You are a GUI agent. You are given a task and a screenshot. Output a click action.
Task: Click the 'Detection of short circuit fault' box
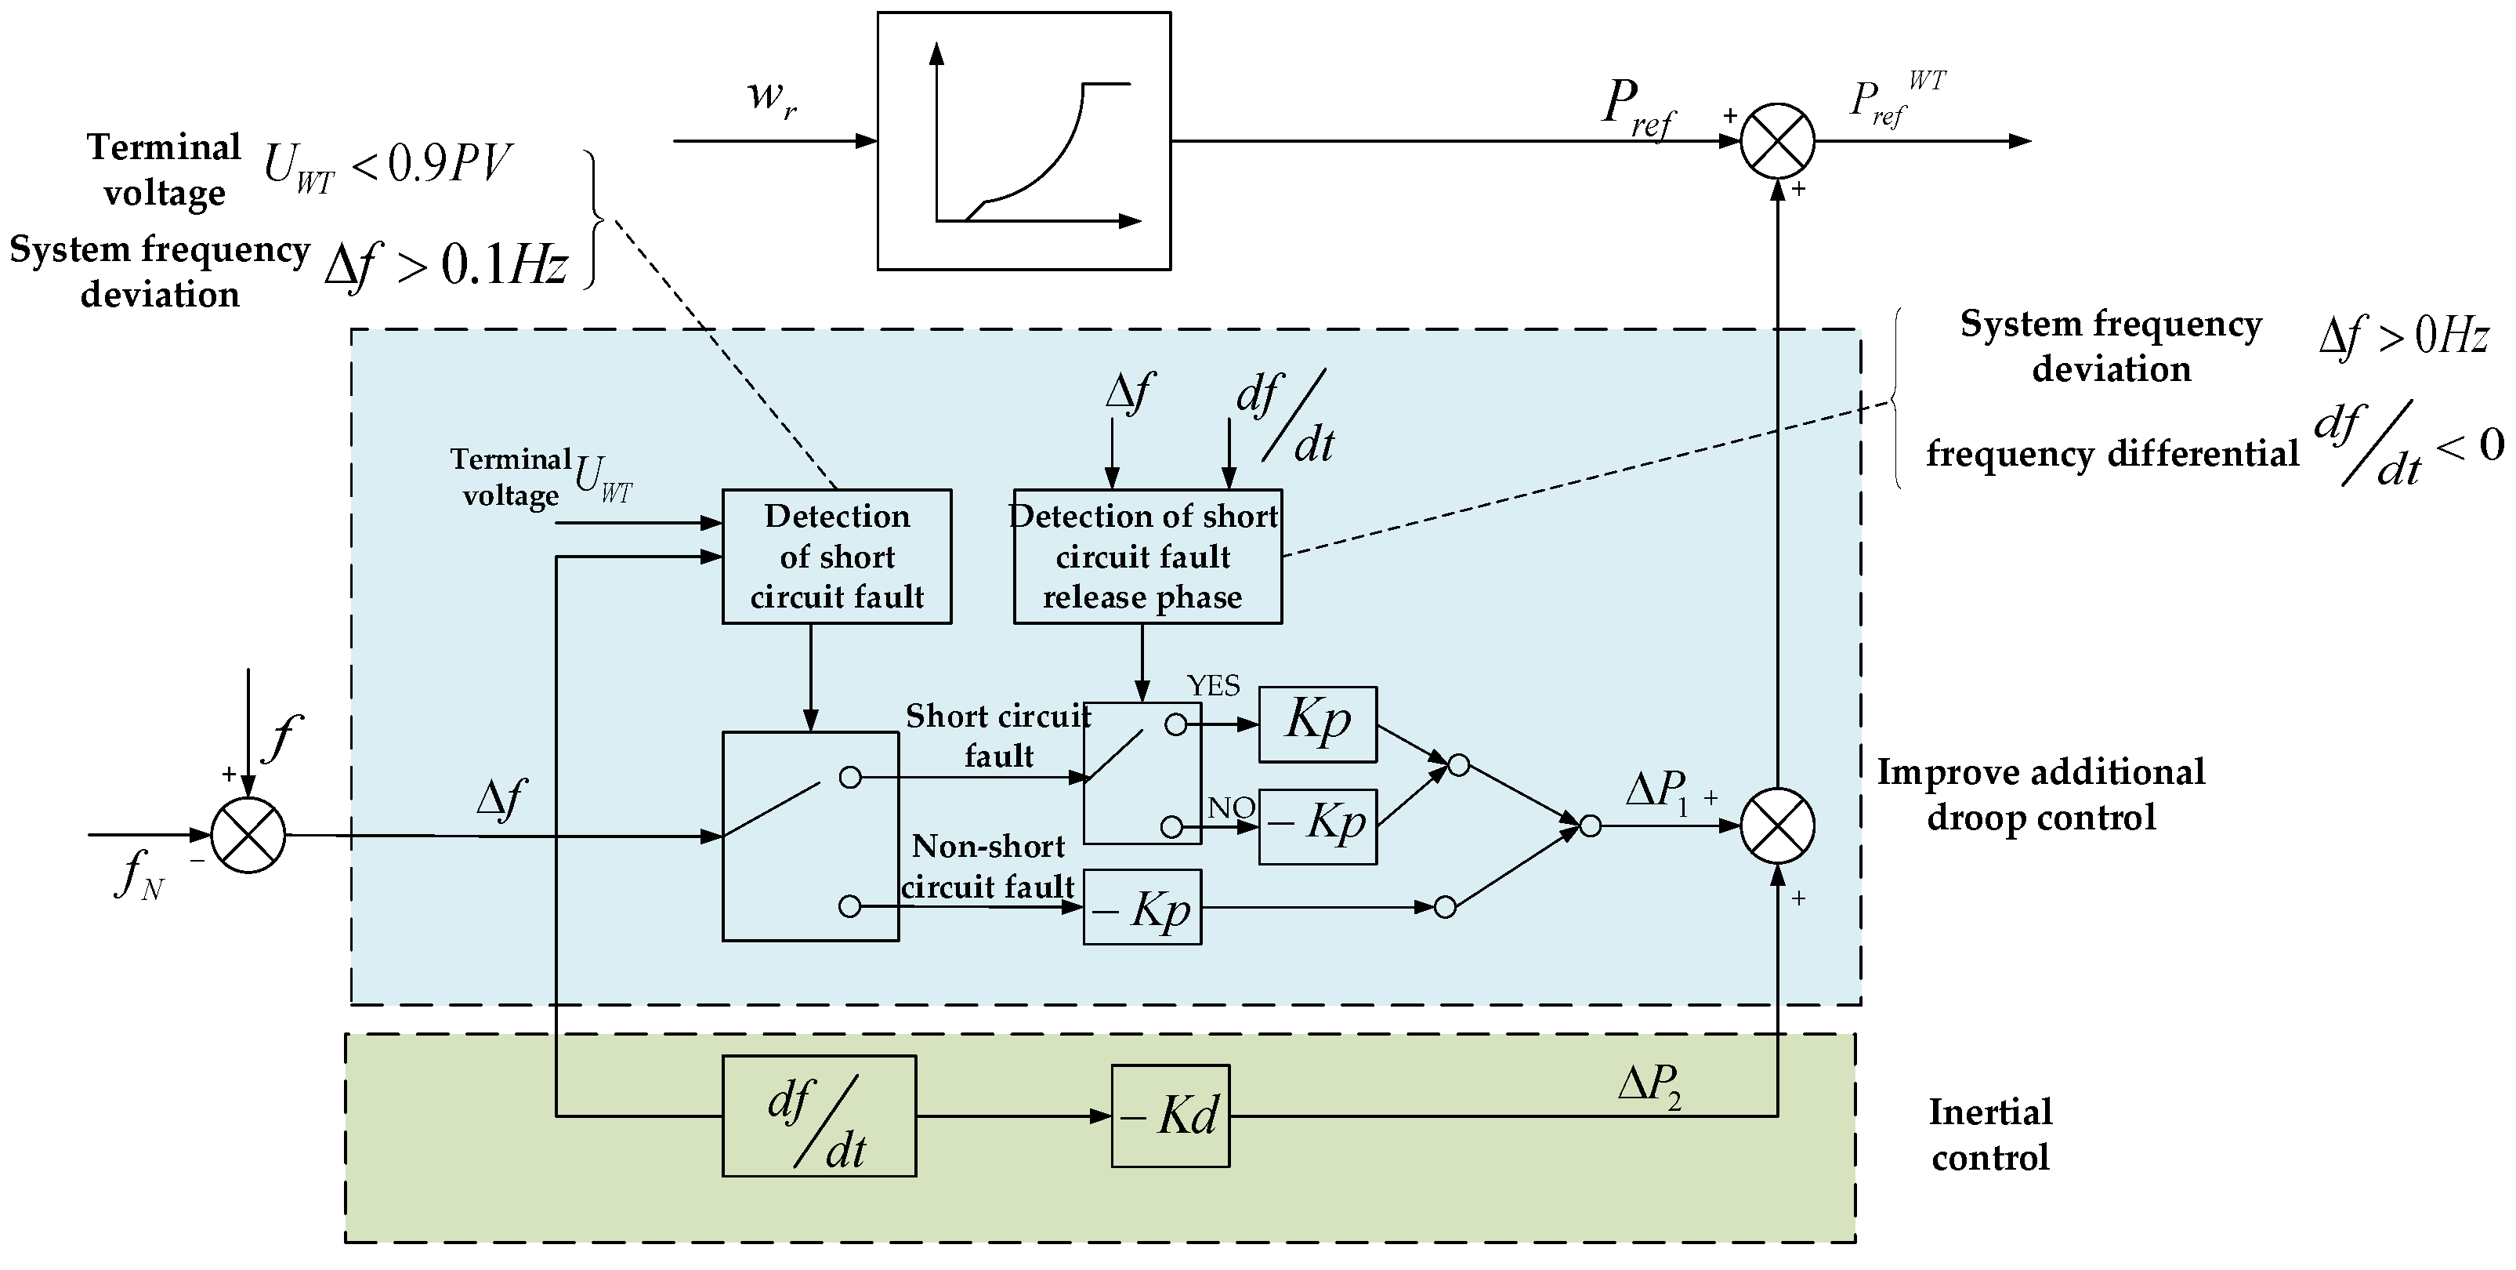pyautogui.click(x=836, y=556)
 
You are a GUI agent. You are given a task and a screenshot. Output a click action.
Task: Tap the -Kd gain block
pyautogui.click(x=1170, y=1115)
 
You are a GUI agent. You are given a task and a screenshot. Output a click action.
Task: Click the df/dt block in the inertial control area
pyautogui.click(x=819, y=1115)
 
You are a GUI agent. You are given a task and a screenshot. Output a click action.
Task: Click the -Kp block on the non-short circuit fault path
pyautogui.click(x=1142, y=908)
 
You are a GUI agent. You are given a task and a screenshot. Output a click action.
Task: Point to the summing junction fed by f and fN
pyautogui.click(x=248, y=835)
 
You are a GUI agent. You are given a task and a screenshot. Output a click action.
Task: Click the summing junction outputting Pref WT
pyautogui.click(x=1776, y=140)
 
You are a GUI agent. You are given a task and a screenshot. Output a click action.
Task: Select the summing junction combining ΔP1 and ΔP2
pyautogui.click(x=1776, y=826)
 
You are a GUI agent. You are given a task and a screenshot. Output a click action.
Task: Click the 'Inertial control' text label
pyautogui.click(x=1989, y=1134)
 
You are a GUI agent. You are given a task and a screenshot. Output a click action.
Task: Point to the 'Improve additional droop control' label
pyautogui.click(x=2040, y=794)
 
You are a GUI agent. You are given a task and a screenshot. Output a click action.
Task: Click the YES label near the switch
pyautogui.click(x=1213, y=686)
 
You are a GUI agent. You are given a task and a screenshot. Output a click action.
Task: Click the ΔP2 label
pyautogui.click(x=1649, y=1087)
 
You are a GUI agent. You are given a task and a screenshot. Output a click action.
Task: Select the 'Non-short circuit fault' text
pyautogui.click(x=987, y=865)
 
